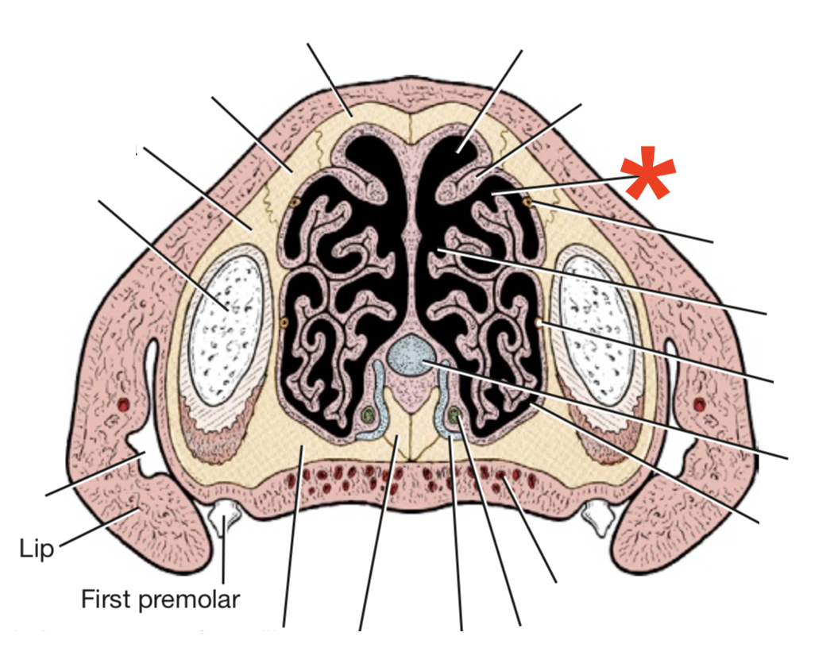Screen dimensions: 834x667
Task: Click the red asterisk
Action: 649,175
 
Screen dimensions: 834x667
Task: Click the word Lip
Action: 36,549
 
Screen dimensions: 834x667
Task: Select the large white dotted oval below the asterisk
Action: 597,318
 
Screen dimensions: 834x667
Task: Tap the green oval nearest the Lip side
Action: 367,414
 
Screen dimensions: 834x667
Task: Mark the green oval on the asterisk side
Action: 454,414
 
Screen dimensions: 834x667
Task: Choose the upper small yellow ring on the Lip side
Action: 295,202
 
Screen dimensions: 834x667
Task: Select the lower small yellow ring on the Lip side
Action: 284,322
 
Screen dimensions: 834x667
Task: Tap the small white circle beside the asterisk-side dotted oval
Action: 539,322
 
